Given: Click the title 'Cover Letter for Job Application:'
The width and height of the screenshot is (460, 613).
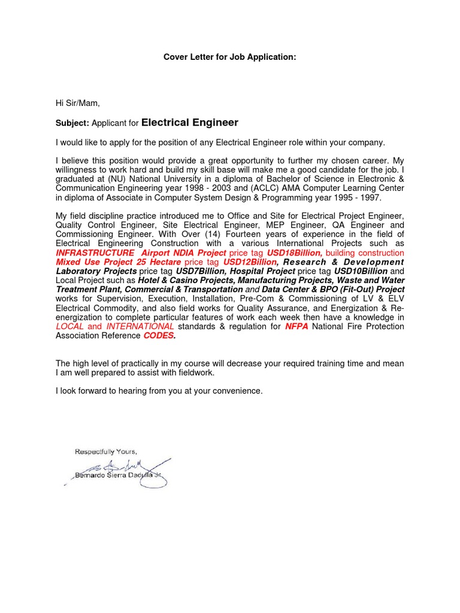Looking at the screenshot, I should (x=230, y=57).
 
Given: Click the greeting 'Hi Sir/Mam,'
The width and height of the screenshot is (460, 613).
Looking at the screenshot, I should (x=77, y=104).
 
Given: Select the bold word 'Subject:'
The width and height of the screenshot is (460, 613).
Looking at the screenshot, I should (x=72, y=123).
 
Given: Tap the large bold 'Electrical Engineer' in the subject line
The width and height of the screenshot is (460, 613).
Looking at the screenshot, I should (x=190, y=123).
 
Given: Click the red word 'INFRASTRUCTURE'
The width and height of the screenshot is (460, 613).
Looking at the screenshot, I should (x=95, y=253).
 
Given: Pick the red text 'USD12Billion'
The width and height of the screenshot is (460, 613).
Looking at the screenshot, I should (x=250, y=262).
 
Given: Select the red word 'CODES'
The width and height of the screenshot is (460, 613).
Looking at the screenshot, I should (x=158, y=335).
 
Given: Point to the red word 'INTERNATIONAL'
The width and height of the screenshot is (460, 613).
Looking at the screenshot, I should (x=140, y=326).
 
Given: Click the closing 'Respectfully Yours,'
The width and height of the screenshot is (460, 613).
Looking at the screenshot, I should (x=106, y=451).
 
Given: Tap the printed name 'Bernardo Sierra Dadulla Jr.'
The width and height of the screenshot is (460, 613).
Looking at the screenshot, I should (x=117, y=475).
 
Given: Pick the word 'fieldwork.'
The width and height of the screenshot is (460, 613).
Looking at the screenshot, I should (x=193, y=372).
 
